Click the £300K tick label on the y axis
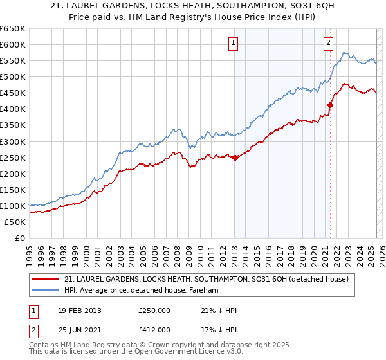12,141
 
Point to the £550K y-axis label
12,60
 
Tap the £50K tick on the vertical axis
15,222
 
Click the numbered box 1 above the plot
233,43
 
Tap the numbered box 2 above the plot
328,43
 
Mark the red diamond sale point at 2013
235,157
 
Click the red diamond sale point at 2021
330,105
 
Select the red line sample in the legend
46,279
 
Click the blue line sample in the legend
46,291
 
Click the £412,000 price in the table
154,330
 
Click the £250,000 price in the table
154,310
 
